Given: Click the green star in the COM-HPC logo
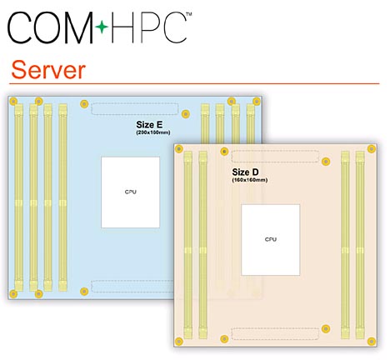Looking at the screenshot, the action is click(x=102, y=27).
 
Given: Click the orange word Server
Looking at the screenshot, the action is click(x=48, y=70).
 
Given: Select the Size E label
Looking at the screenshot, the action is click(x=149, y=124).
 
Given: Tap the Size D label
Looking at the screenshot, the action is click(x=245, y=172).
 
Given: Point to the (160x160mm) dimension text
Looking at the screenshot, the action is click(x=250, y=180).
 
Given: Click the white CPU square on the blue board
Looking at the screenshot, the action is click(x=130, y=192).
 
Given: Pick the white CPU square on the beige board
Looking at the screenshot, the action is click(x=271, y=240).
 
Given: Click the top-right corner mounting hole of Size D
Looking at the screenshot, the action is click(x=372, y=149).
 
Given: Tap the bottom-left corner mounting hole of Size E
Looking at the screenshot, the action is click(x=13, y=293).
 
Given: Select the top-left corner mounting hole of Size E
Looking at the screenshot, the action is click(x=13, y=101).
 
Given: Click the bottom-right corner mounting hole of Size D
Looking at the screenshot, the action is click(x=372, y=341).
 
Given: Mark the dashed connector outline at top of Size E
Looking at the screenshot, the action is click(x=135, y=108).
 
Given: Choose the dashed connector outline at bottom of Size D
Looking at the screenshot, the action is click(x=275, y=333).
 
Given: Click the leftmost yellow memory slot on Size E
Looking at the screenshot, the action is click(x=18, y=197).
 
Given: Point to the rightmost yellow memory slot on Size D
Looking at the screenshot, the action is click(x=360, y=245).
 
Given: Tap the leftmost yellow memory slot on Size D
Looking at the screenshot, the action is click(x=188, y=245).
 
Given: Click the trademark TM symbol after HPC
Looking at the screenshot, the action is click(x=188, y=14).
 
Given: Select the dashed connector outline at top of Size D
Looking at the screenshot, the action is click(x=275, y=157).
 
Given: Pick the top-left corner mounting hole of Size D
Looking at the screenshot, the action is click(x=179, y=149).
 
